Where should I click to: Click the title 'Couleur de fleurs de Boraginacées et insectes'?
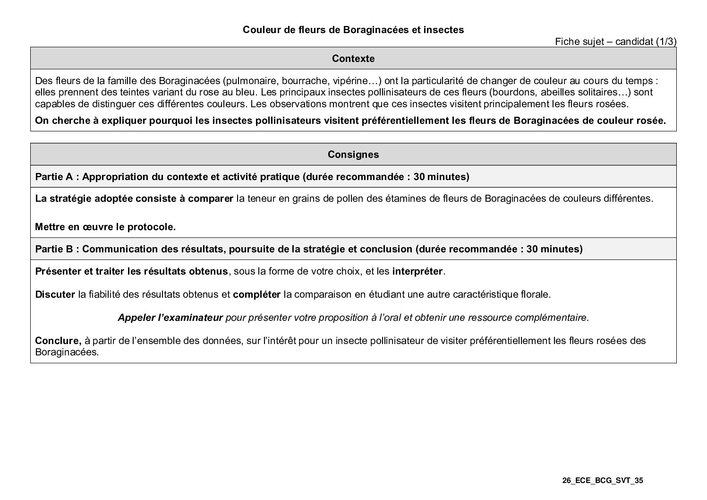(x=353, y=30)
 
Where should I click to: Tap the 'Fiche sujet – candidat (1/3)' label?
(x=615, y=42)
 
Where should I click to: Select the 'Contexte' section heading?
(x=353, y=59)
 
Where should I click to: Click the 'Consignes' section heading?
(x=353, y=155)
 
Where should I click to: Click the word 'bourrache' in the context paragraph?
(x=301, y=80)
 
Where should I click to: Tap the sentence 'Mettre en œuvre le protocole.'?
(x=105, y=227)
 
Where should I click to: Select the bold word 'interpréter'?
(x=417, y=272)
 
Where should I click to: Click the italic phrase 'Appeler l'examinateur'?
(x=170, y=318)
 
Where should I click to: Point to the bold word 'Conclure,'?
(x=58, y=341)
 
